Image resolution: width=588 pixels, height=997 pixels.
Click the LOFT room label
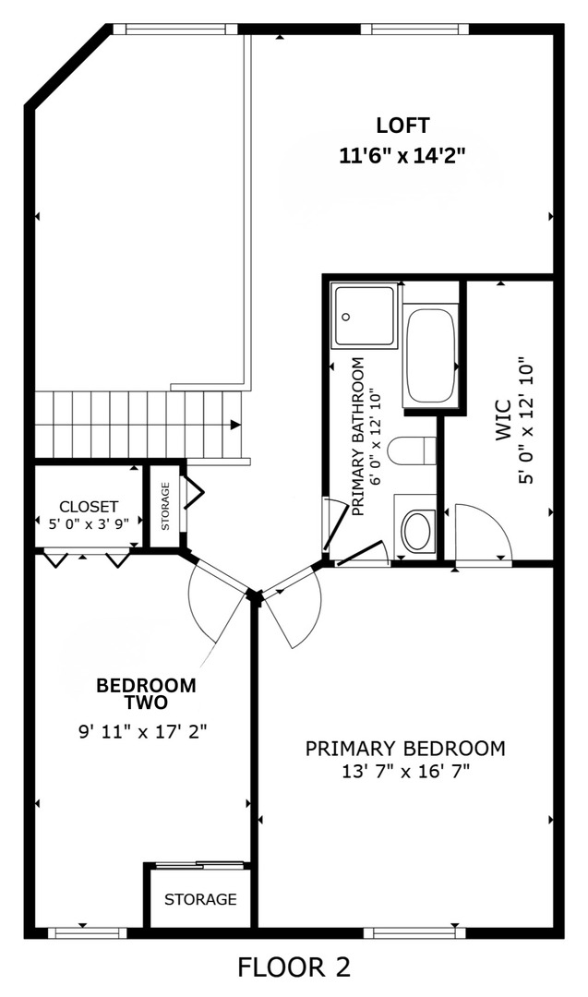[x=402, y=126]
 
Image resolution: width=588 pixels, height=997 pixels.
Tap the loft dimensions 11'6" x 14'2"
[x=402, y=155]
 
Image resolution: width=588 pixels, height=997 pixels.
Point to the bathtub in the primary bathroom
[x=430, y=355]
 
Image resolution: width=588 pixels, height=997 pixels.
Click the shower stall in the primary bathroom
[x=365, y=316]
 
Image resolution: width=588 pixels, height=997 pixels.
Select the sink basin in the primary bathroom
[x=416, y=532]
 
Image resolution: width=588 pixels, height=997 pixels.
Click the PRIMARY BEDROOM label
[x=405, y=748]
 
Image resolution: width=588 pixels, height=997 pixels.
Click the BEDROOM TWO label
[x=146, y=693]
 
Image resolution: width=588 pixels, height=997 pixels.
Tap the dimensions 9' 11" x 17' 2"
[x=142, y=732]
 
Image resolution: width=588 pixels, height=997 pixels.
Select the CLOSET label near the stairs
[x=89, y=507]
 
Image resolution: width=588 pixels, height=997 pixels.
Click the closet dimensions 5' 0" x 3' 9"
[x=89, y=523]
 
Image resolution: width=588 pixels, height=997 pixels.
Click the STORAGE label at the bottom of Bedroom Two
[x=200, y=899]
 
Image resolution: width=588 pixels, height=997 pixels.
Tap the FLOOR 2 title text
[x=294, y=967]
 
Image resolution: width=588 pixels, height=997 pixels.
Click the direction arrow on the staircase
[x=235, y=425]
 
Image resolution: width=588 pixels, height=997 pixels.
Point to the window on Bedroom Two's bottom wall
[x=87, y=932]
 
